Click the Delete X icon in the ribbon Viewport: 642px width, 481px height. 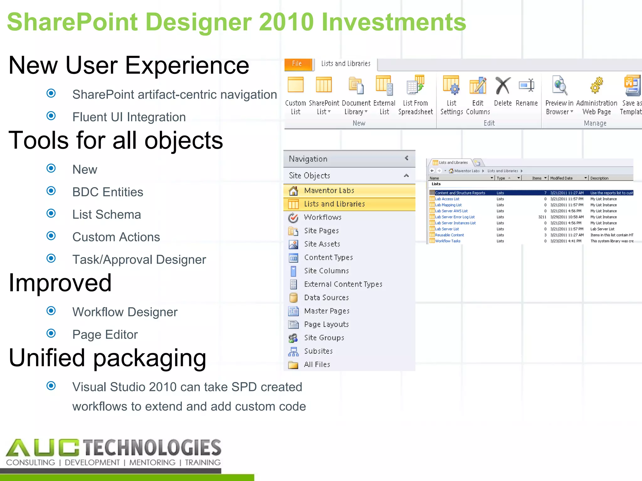click(503, 86)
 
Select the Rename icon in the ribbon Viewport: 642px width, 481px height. click(527, 85)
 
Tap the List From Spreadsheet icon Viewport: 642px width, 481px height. click(415, 85)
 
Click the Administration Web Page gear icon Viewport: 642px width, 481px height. click(596, 85)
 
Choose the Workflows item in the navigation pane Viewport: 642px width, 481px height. click(322, 217)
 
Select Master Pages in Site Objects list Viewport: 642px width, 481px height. click(327, 311)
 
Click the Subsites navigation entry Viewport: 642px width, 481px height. click(318, 351)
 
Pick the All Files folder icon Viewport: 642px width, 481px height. click(293, 365)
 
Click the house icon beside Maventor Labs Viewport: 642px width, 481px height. click(293, 190)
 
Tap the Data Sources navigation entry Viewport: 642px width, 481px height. click(326, 297)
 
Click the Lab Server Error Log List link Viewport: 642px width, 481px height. click(455, 217)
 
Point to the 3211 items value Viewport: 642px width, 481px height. click(542, 217)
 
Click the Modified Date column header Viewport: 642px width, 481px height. click(561, 178)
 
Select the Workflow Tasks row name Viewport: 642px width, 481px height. click(448, 241)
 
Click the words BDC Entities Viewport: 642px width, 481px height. click(108, 192)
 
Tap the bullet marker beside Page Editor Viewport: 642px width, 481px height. click(51, 333)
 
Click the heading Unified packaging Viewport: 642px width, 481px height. click(107, 358)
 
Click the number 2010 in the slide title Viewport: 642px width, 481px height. click(286, 22)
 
